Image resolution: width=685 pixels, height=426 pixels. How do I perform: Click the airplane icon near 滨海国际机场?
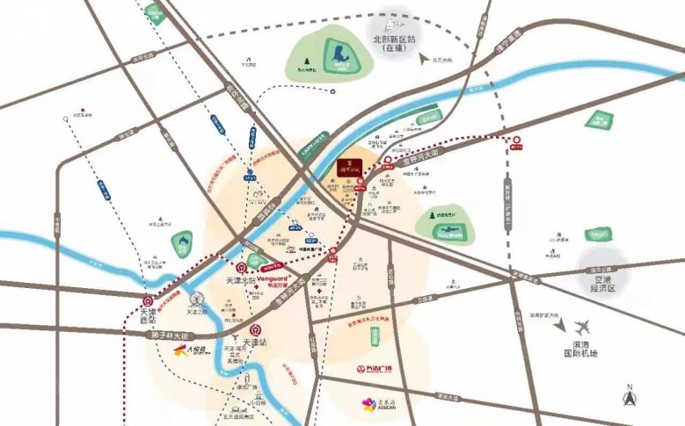click(x=579, y=326)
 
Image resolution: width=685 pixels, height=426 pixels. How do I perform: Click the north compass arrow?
click(x=629, y=397)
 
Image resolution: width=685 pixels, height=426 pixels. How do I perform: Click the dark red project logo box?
click(x=350, y=166)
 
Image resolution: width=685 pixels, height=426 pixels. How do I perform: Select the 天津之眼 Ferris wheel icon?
click(x=200, y=299)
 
